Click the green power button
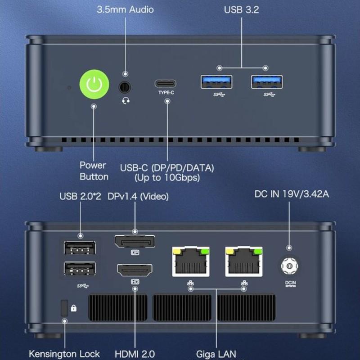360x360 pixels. pyautogui.click(x=94, y=84)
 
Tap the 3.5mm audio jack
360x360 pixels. pyautogui.click(x=125, y=85)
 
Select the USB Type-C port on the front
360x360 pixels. pyautogui.click(x=166, y=83)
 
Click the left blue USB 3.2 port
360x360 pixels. pyautogui.click(x=216, y=82)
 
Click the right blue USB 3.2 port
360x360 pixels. pyautogui.click(x=267, y=82)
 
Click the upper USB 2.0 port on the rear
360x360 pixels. pyautogui.click(x=80, y=248)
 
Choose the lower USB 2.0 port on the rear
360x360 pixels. pyautogui.click(x=80, y=269)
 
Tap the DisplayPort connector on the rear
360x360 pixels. pyautogui.click(x=135, y=242)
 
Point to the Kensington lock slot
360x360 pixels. pyautogui.click(x=64, y=308)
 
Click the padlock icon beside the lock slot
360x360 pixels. pyautogui.click(x=74, y=308)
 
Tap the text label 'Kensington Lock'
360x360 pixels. pyautogui.click(x=64, y=354)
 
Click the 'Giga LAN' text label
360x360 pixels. pyautogui.click(x=216, y=354)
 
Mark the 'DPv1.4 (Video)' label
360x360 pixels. pyautogui.click(x=138, y=197)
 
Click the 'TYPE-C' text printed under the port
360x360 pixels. pyautogui.click(x=166, y=93)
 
